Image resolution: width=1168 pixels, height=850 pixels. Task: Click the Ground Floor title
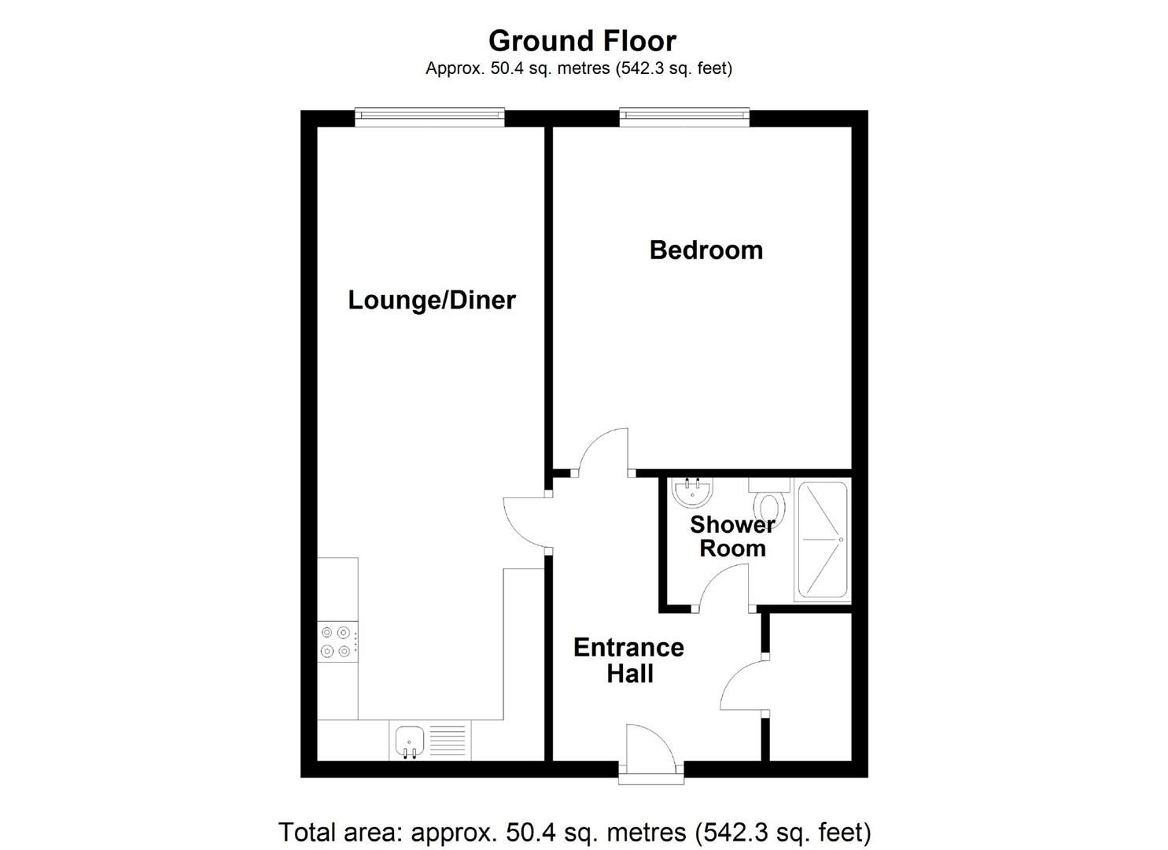point(582,40)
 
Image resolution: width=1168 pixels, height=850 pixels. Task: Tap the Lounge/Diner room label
point(431,300)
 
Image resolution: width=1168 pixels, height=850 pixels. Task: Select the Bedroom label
point(706,250)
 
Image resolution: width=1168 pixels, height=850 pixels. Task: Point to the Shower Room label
point(731,536)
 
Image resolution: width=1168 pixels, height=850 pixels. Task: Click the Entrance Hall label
point(628,660)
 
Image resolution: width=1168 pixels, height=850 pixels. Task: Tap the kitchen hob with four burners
point(337,641)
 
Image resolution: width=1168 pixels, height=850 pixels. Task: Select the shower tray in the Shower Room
point(823,540)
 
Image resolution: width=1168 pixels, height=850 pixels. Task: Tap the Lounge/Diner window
point(429,117)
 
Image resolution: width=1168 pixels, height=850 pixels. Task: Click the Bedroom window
point(683,117)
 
